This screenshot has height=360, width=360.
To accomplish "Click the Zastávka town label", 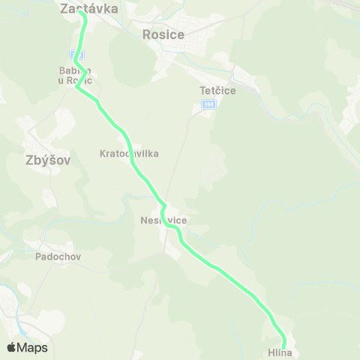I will pyautogui.click(x=89, y=10).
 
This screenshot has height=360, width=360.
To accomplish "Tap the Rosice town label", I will pyautogui.click(x=163, y=34).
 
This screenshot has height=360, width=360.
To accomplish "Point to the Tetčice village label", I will pyautogui.click(x=218, y=90).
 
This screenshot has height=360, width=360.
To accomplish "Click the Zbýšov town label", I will pyautogui.click(x=37, y=159).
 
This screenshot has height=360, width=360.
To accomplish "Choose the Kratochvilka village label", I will pyautogui.click(x=128, y=153).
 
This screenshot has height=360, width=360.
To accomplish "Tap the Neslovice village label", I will pyautogui.click(x=163, y=220).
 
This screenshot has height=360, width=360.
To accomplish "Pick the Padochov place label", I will pyautogui.click(x=58, y=256).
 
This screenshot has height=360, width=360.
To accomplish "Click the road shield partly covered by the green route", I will pyautogui.click(x=78, y=55).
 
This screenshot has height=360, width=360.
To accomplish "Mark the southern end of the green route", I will pyautogui.click(x=284, y=345).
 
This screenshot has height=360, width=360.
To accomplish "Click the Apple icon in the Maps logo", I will pyautogui.click(x=12, y=347).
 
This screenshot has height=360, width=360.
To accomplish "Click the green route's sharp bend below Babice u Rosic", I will pyautogui.click(x=77, y=88).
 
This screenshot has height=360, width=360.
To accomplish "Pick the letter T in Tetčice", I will pyautogui.click(x=203, y=90).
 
